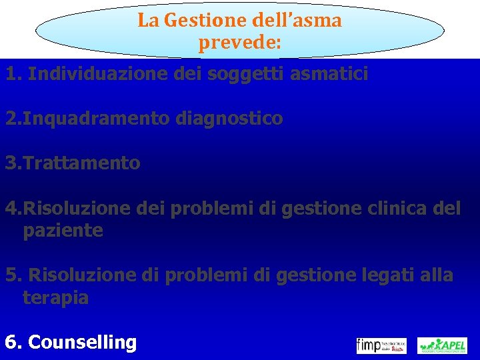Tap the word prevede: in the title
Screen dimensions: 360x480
point(239,43)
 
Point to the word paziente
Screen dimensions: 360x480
point(63,231)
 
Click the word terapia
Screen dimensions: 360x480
point(55,297)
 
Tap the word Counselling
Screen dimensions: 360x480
point(83,343)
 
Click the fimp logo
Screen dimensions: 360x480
point(381,345)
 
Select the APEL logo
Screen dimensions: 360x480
point(442,345)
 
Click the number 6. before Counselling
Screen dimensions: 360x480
point(14,343)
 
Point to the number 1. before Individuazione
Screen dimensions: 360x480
point(14,74)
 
